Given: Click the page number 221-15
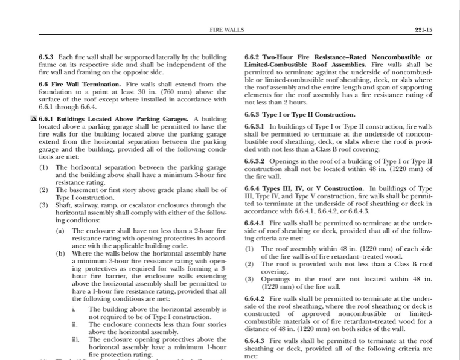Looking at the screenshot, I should (x=424, y=30).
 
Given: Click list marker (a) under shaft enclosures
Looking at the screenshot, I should (x=60, y=231).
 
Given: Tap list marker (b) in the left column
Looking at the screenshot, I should (x=60, y=253).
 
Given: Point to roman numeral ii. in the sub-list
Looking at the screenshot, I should (x=75, y=324).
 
